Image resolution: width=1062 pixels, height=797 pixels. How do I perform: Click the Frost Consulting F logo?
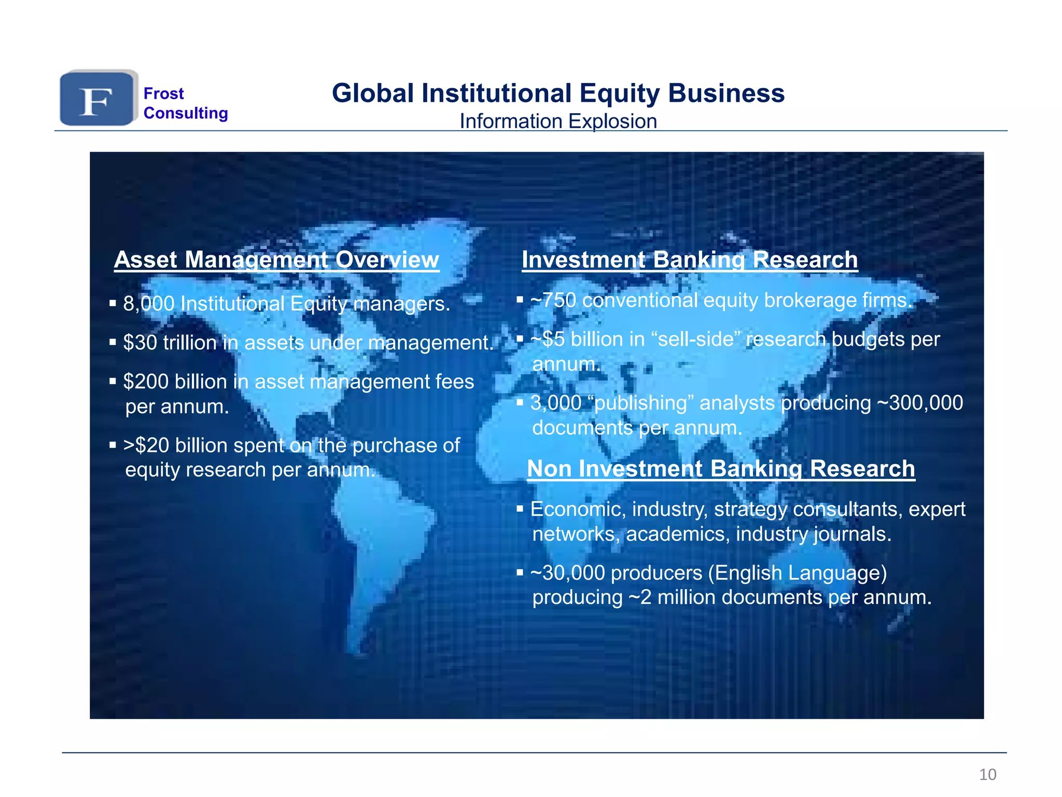(x=97, y=99)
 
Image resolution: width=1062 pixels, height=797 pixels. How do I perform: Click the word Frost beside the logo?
(x=163, y=94)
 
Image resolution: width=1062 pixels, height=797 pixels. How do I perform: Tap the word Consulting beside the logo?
(x=186, y=113)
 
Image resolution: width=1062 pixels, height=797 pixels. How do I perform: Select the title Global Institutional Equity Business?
(x=558, y=93)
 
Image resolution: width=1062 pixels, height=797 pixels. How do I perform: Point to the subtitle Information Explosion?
(x=558, y=121)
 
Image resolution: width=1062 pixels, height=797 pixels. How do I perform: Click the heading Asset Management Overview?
(x=276, y=259)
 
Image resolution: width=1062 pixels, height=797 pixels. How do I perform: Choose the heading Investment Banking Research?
(x=690, y=259)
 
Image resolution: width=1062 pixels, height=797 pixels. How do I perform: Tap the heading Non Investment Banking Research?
(x=721, y=469)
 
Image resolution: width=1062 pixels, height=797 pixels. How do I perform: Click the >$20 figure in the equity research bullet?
(x=146, y=446)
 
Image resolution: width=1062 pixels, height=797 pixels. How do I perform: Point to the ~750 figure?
(x=553, y=300)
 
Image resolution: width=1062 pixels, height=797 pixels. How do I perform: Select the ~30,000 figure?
(x=567, y=573)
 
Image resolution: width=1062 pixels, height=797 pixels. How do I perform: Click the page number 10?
(x=987, y=775)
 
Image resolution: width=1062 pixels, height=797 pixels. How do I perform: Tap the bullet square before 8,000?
(x=113, y=303)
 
